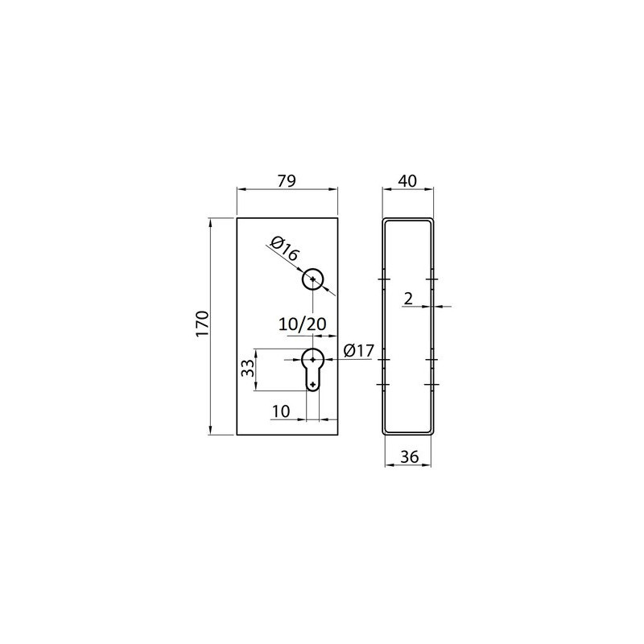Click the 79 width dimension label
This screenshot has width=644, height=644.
(x=287, y=180)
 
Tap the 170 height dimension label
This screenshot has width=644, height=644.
(x=203, y=324)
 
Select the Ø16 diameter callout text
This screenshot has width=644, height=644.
(x=284, y=249)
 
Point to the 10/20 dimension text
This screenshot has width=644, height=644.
(x=303, y=324)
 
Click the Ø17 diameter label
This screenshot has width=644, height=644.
(x=359, y=351)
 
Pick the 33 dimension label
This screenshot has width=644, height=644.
(x=247, y=368)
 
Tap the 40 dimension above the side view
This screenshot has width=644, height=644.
(x=408, y=180)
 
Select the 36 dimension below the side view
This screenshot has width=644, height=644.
(x=410, y=456)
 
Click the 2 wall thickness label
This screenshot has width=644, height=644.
(x=408, y=299)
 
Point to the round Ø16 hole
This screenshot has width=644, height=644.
(x=313, y=279)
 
